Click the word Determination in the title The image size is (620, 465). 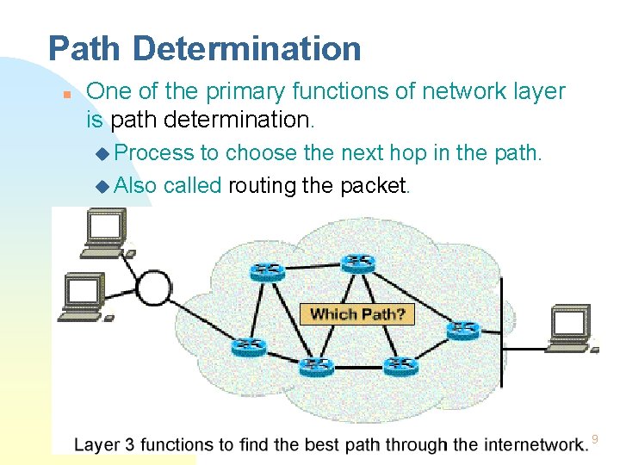246,48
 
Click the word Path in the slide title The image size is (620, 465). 85,48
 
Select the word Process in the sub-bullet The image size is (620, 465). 154,153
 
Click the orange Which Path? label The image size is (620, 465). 356,313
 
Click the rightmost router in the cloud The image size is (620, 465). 463,330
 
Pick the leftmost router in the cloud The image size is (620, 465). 248,346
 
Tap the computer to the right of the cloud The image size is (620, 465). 570,327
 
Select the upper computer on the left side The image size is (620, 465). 103,232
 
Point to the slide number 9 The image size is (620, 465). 594,441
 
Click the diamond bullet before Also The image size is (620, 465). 103,185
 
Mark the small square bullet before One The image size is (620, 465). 65,93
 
